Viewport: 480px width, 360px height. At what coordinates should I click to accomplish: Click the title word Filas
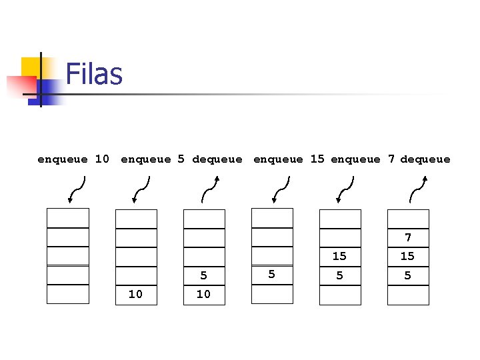94,73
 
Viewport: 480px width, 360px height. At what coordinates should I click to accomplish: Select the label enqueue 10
73,159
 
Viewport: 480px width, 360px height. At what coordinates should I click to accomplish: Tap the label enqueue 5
154,159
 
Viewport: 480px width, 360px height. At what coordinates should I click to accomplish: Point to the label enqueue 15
289,159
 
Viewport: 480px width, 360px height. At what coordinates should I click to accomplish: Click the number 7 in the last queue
408,237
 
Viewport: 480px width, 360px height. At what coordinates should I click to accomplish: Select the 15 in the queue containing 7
408,256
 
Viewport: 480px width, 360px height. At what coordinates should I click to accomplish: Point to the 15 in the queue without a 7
339,256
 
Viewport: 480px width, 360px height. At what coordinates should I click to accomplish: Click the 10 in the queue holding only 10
135,294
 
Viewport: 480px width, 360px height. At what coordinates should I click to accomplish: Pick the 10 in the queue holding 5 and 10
203,294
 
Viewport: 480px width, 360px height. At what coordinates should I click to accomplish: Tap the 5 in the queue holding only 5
271,274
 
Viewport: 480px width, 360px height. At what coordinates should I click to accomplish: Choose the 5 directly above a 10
203,275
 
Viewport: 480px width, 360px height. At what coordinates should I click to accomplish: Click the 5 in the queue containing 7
408,275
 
